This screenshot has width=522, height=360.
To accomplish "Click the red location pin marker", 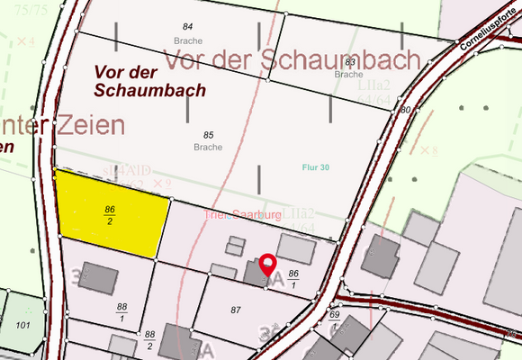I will pos(268,267).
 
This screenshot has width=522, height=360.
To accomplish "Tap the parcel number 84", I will pos(188,28).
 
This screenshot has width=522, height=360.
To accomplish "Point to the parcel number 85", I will pos(208,134).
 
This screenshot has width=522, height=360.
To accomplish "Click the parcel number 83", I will pos(348,62).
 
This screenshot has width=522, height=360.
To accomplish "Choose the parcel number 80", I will pos(405,110).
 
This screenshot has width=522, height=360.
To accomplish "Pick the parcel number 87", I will pos(237,310).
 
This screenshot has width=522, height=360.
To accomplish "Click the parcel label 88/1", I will pos(122,312).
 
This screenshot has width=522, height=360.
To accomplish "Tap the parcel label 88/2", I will pos(149,338).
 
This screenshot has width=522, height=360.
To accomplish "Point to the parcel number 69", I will pos(334,314).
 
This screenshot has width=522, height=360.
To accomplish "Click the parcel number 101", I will pos(23,324).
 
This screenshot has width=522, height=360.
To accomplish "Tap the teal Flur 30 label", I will pos(316,168).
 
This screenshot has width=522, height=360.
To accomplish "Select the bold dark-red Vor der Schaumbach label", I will pos(148,79).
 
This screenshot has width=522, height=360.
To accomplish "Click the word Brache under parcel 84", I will pos(188,40).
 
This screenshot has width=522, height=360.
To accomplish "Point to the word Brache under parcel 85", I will pos(208,147).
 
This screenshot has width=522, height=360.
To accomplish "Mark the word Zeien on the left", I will pos(85,125).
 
